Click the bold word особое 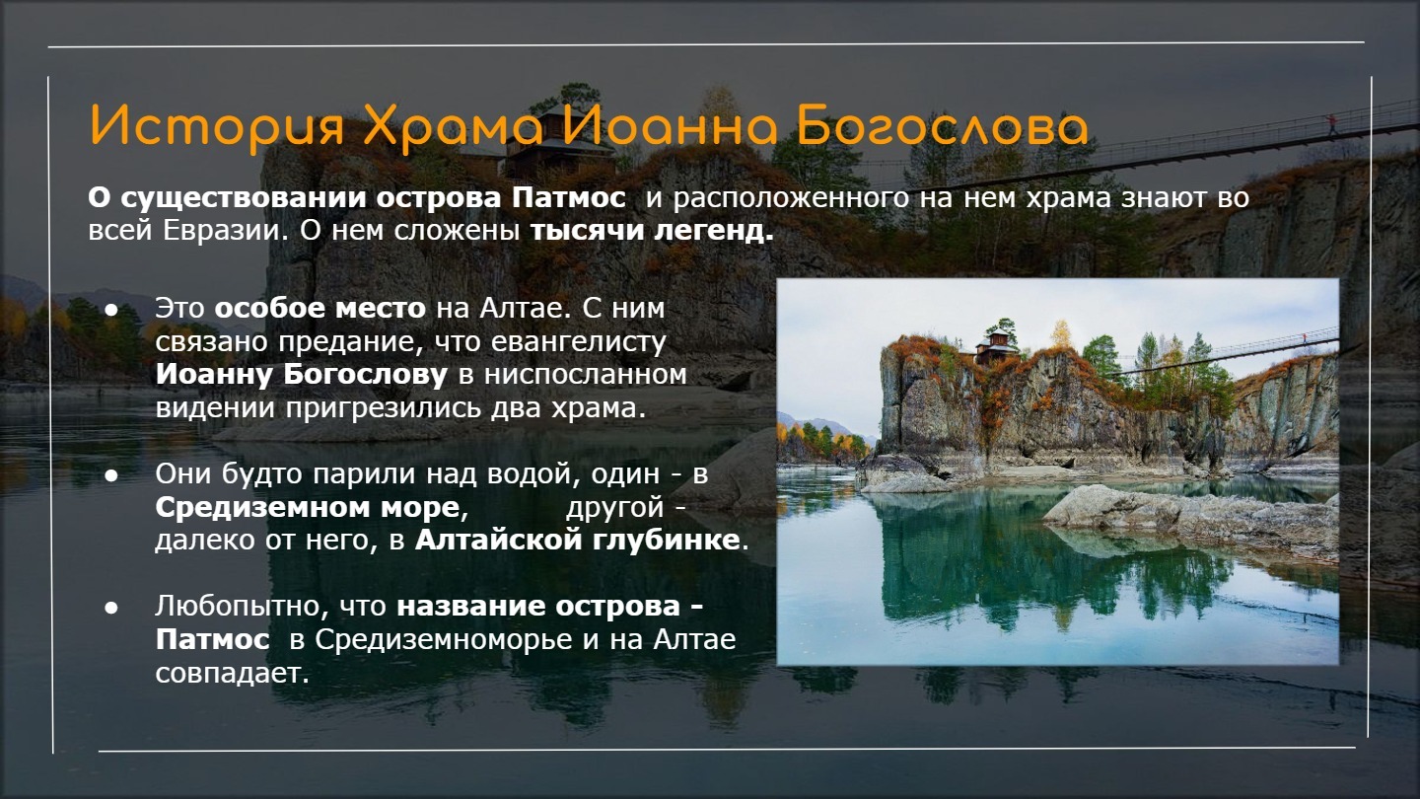pos(269,309)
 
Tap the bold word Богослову pos(365,375)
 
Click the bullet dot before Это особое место pos(111,310)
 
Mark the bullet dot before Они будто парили pos(111,475)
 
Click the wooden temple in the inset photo pos(995,346)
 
